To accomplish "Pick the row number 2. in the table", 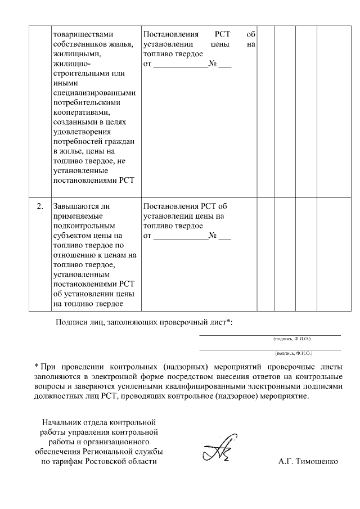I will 40,206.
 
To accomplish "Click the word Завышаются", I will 75,206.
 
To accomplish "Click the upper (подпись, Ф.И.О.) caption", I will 292,339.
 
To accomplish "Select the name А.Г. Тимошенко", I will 308,462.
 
